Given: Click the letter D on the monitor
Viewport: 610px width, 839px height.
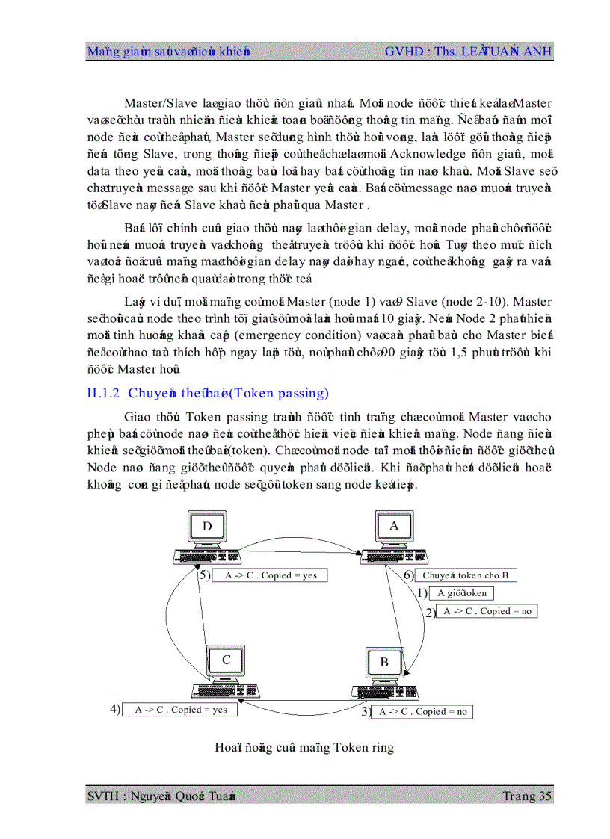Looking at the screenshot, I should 207,526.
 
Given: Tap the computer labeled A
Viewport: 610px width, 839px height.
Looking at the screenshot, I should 394,535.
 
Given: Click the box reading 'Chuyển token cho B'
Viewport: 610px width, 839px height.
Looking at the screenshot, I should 466,575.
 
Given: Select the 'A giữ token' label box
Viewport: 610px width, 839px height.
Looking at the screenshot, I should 461,593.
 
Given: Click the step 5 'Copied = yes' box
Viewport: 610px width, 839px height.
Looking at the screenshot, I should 270,575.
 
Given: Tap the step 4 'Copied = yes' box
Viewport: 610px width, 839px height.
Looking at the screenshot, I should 180,710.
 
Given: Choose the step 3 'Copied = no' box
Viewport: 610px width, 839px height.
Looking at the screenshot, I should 422,711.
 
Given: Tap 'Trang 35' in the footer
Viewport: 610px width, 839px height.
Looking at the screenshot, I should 529,796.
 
